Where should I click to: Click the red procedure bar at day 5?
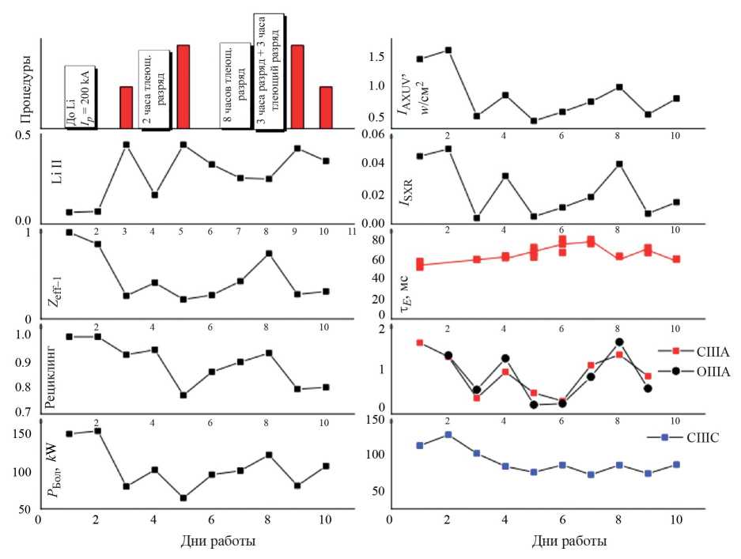(x=183, y=86)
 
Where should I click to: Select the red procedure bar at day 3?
(x=126, y=107)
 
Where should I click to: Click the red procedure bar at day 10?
(x=326, y=107)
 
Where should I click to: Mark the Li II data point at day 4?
(x=155, y=195)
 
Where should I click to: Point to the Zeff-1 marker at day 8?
(x=270, y=253)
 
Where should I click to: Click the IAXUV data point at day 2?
(x=448, y=50)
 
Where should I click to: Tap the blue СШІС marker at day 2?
(x=448, y=434)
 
